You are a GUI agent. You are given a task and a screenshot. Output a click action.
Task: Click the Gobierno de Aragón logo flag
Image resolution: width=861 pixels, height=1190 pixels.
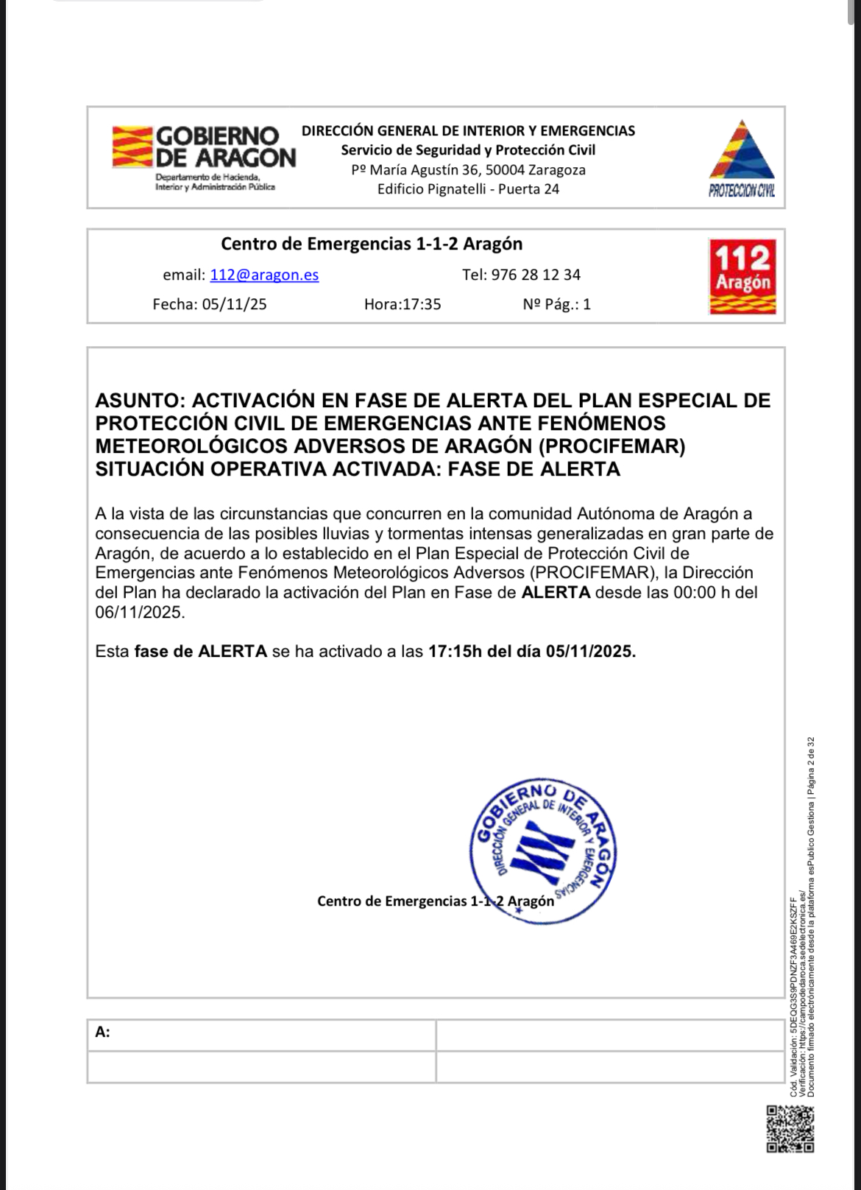click(132, 147)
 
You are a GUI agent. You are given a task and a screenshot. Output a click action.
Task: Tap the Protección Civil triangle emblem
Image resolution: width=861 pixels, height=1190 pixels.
click(742, 152)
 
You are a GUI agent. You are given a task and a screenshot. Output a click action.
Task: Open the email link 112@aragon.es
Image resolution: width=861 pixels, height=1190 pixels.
click(264, 275)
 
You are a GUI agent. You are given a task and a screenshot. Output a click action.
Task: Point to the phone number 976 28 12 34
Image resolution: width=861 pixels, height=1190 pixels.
click(536, 275)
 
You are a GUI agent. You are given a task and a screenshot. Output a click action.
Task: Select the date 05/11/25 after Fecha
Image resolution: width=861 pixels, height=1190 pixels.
click(234, 304)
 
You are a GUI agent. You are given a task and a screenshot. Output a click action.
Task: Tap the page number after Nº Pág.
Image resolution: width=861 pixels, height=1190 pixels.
click(587, 304)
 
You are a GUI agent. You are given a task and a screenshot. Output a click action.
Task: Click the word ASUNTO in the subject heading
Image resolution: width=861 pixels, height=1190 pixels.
click(139, 401)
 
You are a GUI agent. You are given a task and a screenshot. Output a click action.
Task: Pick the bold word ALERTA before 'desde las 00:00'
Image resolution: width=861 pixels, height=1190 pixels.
click(556, 592)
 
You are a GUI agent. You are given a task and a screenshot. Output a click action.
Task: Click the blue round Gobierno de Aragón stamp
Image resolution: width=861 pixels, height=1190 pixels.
click(543, 850)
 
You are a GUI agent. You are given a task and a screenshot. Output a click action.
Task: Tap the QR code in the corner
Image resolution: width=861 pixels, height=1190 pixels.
click(790, 1129)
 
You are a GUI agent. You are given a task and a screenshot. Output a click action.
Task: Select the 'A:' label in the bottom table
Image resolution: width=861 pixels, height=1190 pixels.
click(102, 1032)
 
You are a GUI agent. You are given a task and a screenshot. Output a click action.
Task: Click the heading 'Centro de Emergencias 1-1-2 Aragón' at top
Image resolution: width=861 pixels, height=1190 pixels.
click(372, 244)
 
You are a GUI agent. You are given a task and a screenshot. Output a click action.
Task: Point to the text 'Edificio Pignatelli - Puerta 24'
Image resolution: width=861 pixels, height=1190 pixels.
click(468, 189)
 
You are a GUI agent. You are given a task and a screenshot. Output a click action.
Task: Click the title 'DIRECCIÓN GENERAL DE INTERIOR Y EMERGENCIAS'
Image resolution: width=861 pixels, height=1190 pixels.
click(468, 131)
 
